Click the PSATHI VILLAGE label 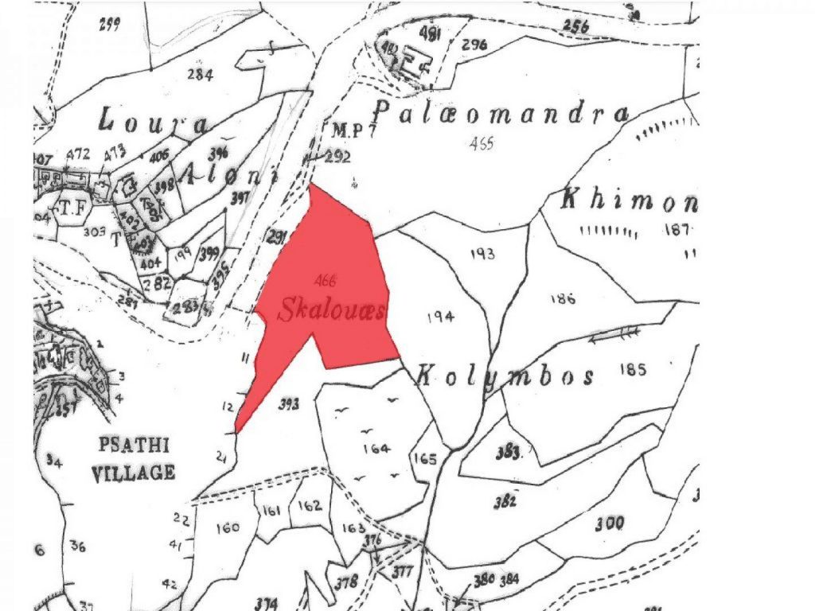(x=134, y=458)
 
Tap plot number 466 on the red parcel (x=325, y=280)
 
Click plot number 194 (x=440, y=317)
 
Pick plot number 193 (x=482, y=254)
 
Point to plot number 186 (x=562, y=298)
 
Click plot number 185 (x=637, y=369)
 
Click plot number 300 (x=609, y=523)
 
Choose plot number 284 (x=200, y=76)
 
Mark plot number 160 (x=227, y=527)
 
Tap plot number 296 (x=474, y=44)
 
